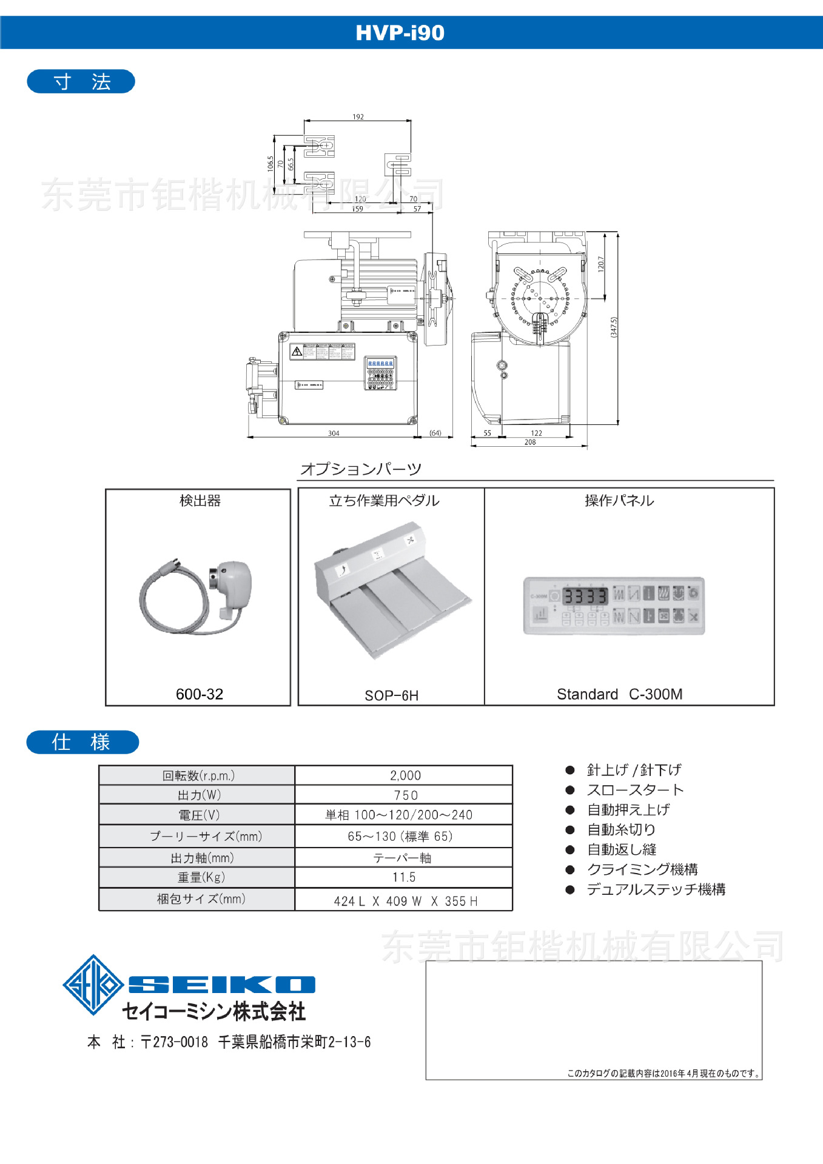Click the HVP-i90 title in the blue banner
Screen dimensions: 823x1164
pyautogui.click(x=400, y=33)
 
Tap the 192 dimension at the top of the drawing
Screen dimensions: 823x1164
pyautogui.click(x=358, y=117)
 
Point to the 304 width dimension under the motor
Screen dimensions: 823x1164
pyautogui.click(x=334, y=433)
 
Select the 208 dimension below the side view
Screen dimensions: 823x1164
pyautogui.click(x=530, y=443)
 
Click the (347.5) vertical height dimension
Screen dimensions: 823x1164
pyautogui.click(x=614, y=327)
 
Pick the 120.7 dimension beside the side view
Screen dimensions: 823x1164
pyautogui.click(x=600, y=264)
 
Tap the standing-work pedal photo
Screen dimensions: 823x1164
pyautogui.click(x=391, y=591)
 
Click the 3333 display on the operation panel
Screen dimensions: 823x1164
pyautogui.click(x=585, y=596)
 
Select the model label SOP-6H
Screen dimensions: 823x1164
pyautogui.click(x=391, y=695)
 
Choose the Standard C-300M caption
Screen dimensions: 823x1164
pyautogui.click(x=619, y=694)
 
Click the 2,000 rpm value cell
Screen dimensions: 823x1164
pyautogui.click(x=405, y=775)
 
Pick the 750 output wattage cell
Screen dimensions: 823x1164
pyautogui.click(x=405, y=795)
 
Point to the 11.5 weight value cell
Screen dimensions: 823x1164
pyautogui.click(x=404, y=877)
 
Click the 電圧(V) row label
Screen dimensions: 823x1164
pyautogui.click(x=199, y=815)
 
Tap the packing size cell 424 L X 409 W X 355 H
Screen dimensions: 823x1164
pyautogui.click(x=405, y=901)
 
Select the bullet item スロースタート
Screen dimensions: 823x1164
pyautogui.click(x=634, y=790)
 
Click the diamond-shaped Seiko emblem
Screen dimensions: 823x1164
pyautogui.click(x=93, y=985)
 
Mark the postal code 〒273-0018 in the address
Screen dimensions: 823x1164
pyautogui.click(x=175, y=1042)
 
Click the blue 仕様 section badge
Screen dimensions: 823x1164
pyautogui.click(x=82, y=742)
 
